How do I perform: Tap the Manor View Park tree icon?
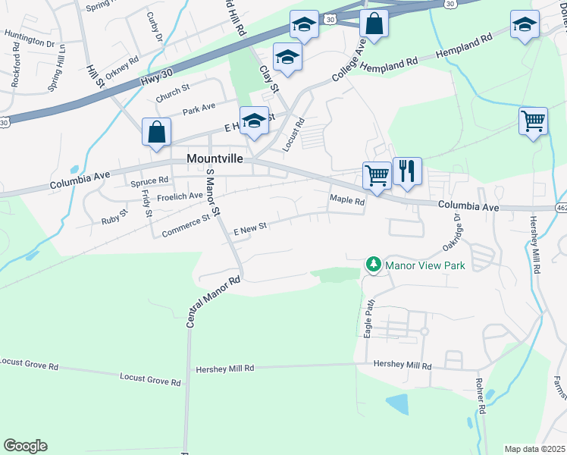click(372, 265)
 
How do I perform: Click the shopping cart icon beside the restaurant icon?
click(377, 175)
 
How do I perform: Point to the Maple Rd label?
click(347, 201)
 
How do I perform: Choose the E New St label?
click(250, 227)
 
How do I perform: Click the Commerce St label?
click(186, 221)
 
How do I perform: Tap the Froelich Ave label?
click(158, 196)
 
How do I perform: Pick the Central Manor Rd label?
click(214, 302)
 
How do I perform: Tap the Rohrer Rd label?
click(480, 397)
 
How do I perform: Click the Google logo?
click(25, 446)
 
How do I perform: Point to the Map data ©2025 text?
click(534, 449)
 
